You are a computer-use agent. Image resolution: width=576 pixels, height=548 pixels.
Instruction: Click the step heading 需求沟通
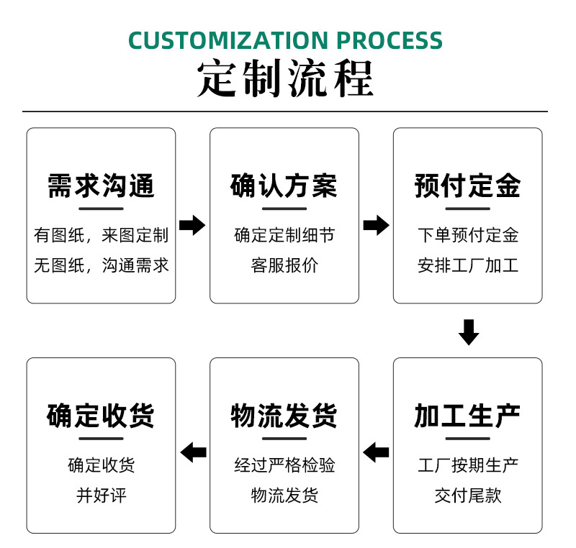(101, 186)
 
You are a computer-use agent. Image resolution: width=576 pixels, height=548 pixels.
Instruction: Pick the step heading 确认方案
(284, 186)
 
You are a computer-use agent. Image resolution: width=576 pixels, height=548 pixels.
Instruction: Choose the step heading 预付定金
(467, 186)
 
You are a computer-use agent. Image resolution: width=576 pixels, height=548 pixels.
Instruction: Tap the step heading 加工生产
(467, 416)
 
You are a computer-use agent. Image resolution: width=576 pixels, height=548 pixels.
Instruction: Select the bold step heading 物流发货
(284, 416)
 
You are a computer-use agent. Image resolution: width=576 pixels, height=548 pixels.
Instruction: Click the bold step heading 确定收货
(101, 416)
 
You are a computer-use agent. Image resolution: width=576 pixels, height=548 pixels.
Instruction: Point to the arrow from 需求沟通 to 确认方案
(192, 225)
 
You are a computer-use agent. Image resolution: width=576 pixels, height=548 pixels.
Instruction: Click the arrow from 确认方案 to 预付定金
(376, 225)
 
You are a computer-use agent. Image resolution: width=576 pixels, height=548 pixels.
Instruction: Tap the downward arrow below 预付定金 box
(469, 332)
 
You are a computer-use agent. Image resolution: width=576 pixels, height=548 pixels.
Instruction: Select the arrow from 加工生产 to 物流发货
(376, 452)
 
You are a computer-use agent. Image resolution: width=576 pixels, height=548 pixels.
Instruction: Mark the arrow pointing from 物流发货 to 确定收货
(193, 452)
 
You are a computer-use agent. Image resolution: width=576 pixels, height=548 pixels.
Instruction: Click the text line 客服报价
(284, 265)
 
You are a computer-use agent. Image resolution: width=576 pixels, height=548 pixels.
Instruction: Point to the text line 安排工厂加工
(467, 265)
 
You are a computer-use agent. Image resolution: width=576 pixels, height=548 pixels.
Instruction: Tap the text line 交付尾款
(467, 496)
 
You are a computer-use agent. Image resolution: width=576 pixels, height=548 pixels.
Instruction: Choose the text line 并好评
(101, 496)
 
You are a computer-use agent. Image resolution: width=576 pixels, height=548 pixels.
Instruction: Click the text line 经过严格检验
(284, 465)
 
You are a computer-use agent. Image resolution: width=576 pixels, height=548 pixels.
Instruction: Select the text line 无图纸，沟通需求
(101, 265)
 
